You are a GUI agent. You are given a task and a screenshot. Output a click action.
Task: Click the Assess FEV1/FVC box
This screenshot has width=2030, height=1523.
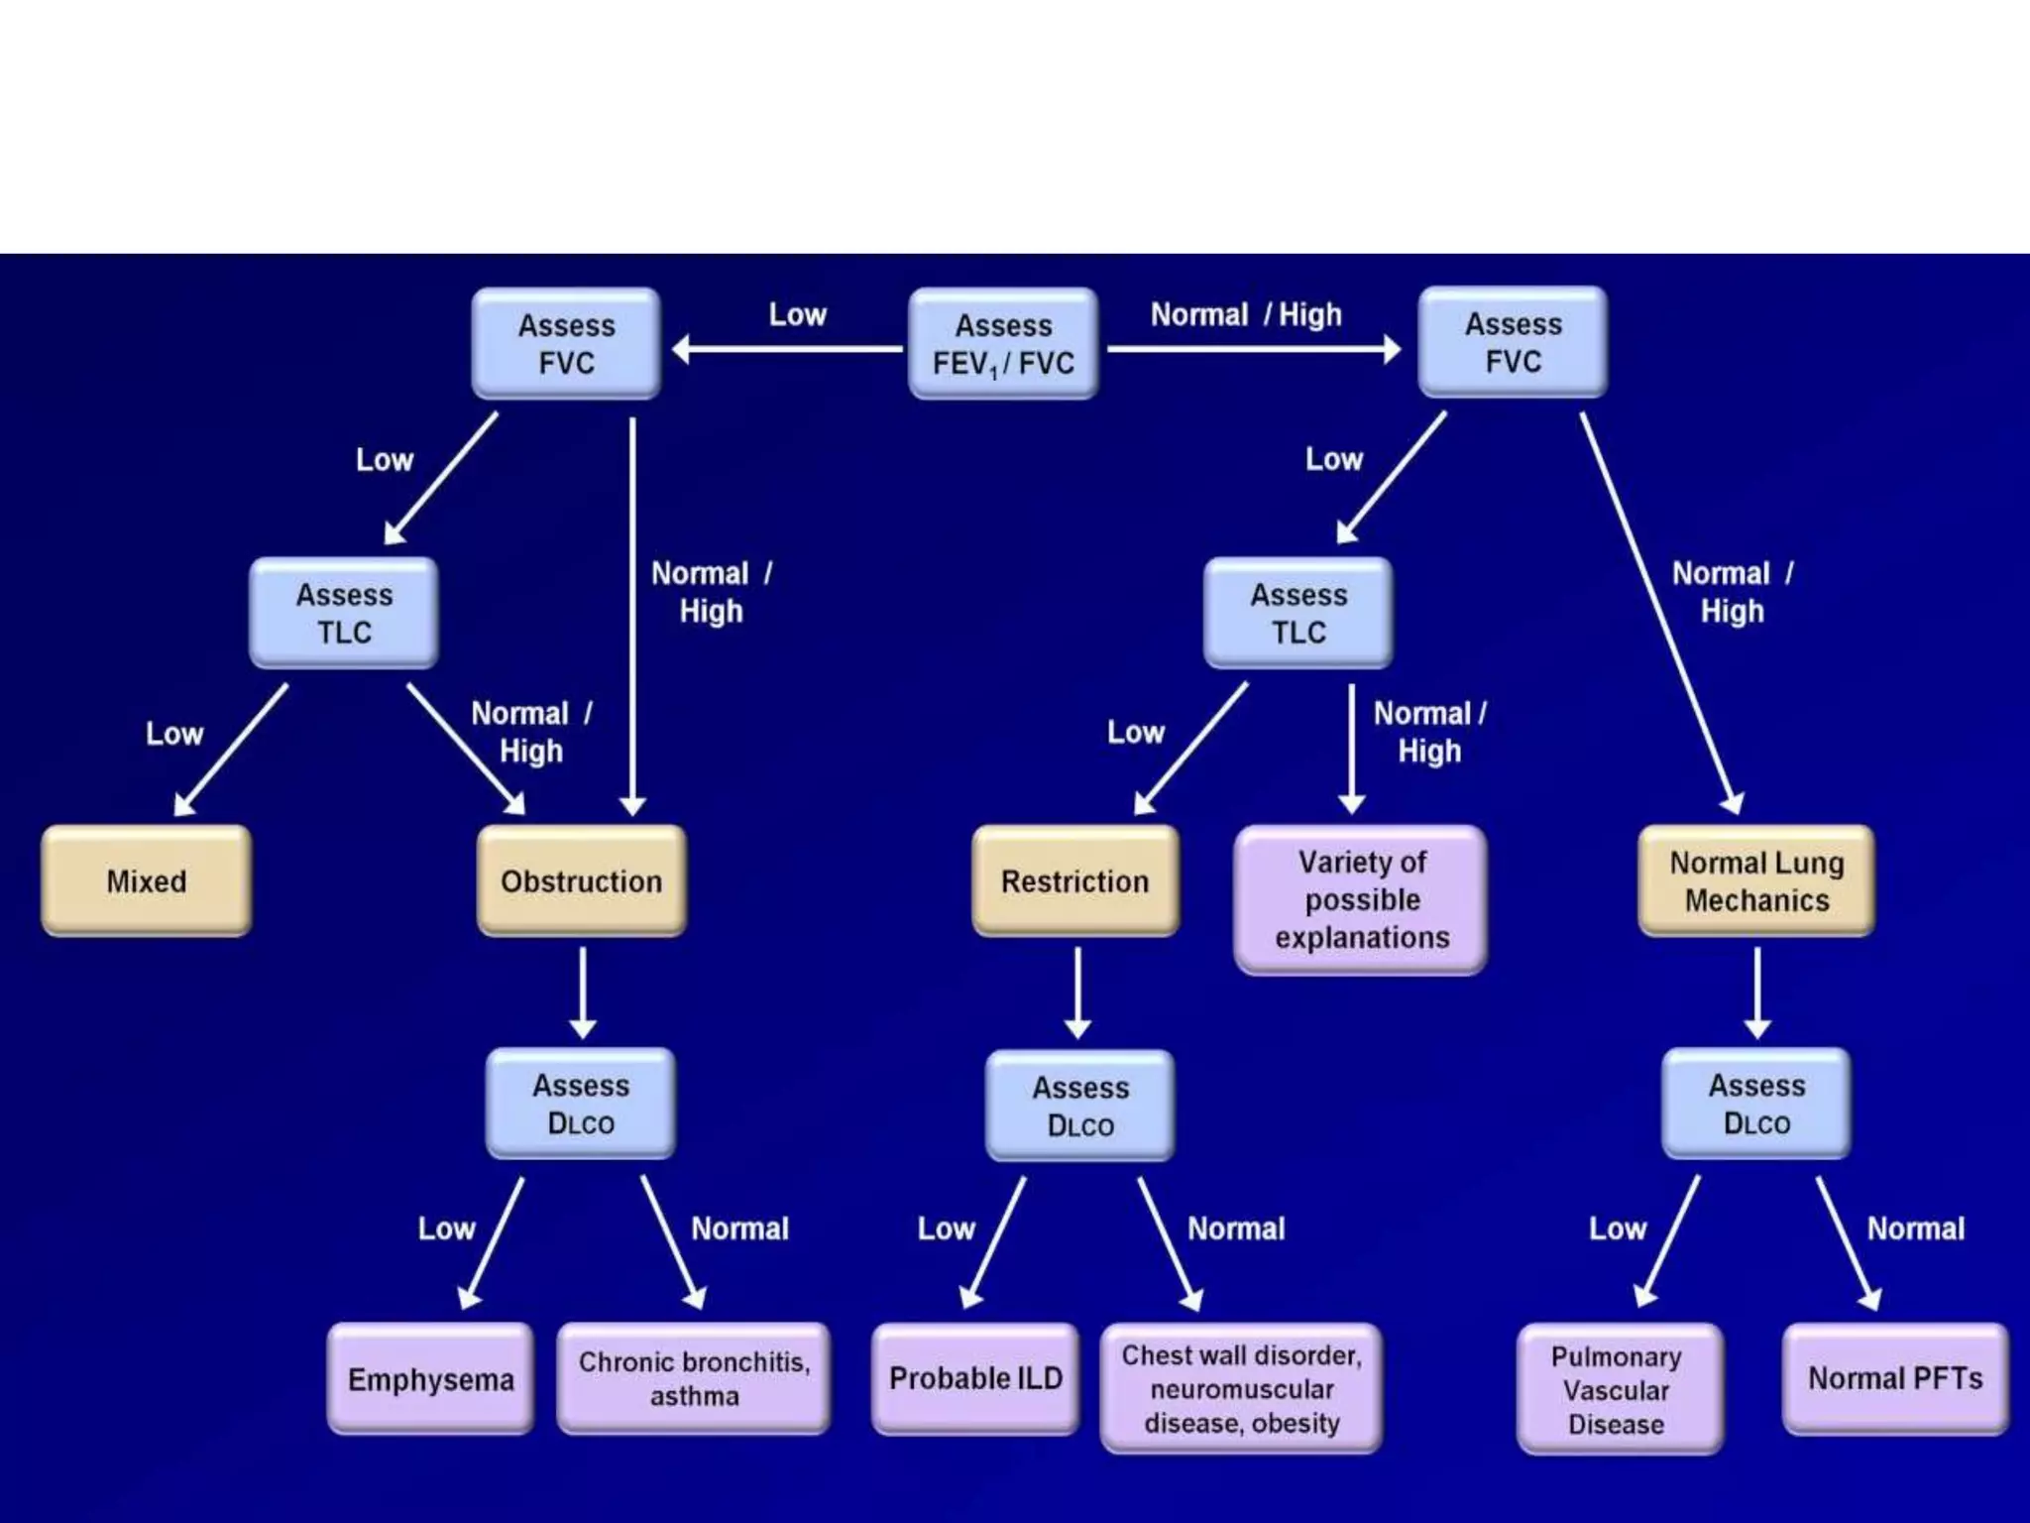1003,344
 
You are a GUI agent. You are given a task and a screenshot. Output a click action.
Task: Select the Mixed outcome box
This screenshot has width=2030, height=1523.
147,880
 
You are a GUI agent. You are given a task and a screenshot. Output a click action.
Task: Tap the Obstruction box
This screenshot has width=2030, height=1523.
582,880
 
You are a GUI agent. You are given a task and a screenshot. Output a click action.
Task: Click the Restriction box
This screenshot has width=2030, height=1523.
1075,880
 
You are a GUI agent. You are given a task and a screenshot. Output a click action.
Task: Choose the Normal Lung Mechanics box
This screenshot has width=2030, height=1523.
1756,880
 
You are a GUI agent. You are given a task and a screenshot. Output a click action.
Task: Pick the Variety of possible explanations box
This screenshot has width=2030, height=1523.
1361,899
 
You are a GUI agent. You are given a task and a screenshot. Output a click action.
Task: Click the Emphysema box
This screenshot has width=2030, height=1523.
430,1378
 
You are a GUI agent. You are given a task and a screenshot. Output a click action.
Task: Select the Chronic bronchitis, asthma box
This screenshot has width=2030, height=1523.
694,1378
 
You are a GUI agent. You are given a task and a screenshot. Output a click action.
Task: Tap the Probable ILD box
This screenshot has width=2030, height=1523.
975,1378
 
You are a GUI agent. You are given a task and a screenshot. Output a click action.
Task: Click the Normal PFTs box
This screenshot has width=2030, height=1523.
1895,1378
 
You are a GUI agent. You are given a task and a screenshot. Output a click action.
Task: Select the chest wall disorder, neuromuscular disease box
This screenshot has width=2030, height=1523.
1241,1388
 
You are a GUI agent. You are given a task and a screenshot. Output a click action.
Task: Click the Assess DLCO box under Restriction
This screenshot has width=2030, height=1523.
1080,1106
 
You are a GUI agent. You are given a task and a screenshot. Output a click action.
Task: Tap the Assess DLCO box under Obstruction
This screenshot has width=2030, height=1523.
581,1104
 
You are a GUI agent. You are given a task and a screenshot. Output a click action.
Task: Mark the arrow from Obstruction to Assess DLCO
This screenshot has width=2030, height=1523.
583,992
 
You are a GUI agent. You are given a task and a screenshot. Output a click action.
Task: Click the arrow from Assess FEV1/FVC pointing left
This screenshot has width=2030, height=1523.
788,349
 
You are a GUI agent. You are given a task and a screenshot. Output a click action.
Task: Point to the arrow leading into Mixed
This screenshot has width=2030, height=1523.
231,750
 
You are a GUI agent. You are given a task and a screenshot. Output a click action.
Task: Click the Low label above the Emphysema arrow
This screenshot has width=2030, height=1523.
446,1229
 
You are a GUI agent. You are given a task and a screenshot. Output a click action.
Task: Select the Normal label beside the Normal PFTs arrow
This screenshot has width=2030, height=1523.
1915,1229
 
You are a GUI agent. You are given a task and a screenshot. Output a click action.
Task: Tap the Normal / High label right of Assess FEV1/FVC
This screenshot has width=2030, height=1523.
1246,315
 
